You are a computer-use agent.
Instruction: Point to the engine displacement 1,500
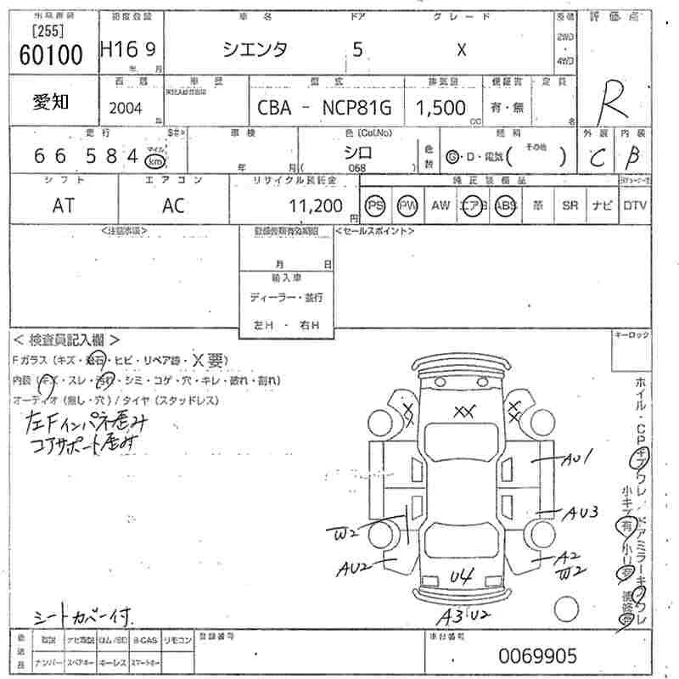pos(440,107)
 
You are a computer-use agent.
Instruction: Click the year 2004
pos(126,107)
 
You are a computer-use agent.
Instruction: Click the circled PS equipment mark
pos(374,205)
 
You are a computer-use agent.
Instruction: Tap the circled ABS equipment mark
pos(506,205)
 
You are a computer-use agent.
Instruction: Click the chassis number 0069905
pos(537,655)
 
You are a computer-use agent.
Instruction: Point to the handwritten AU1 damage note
pos(577,460)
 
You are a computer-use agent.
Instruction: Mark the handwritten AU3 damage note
pos(585,512)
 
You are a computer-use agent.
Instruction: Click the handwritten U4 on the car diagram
pos(460,576)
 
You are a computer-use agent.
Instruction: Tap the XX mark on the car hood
pos(463,412)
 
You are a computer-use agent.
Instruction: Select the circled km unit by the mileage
pos(154,160)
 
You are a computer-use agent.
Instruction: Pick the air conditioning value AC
pos(173,205)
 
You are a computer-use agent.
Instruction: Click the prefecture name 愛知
pos(51,102)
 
